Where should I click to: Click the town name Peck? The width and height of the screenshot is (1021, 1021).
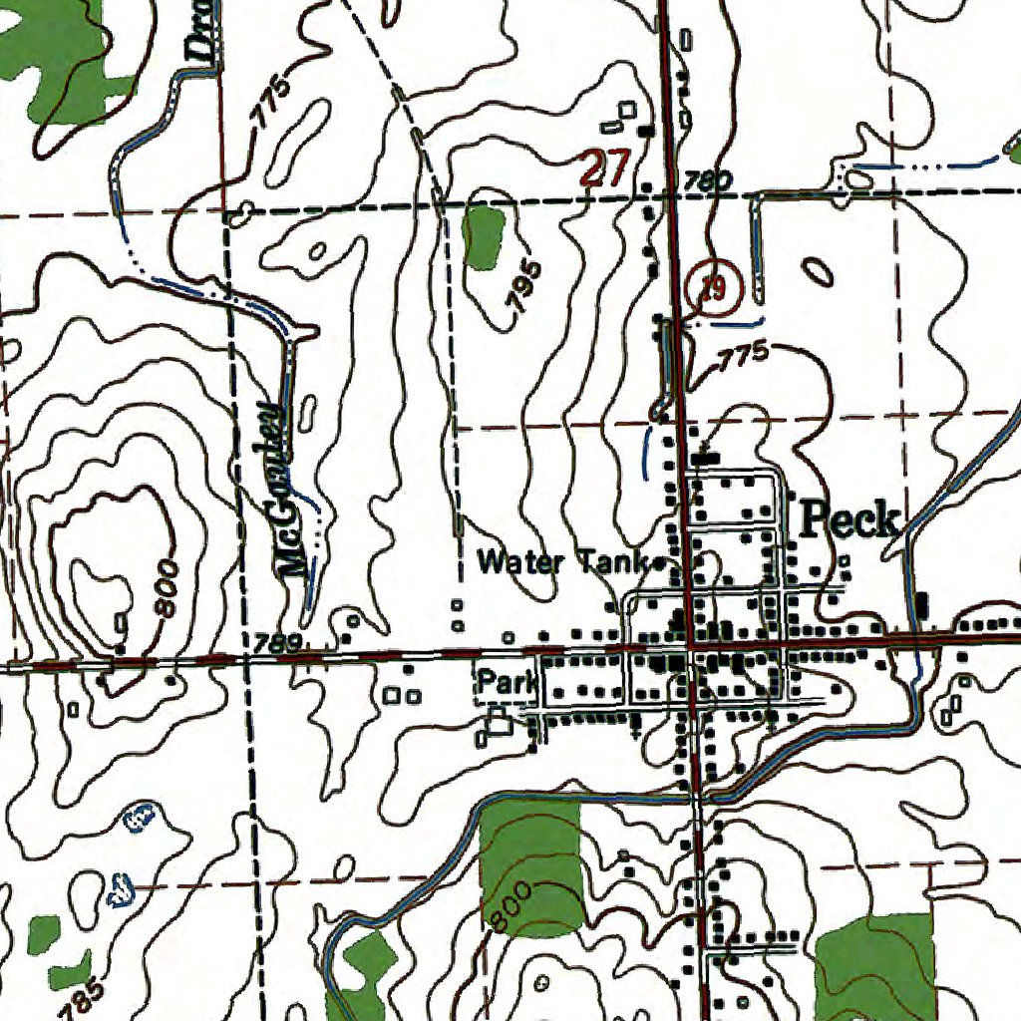pos(851,518)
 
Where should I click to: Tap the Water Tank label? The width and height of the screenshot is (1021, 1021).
pos(564,562)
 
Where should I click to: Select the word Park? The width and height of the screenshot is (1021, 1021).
pos(505,683)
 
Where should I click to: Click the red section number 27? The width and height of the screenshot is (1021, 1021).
pos(604,169)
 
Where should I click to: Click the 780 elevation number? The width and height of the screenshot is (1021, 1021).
pos(707,180)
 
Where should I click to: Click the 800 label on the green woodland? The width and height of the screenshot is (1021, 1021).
pos(511,904)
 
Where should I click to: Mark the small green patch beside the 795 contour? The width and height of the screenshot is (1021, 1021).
pos(484,237)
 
